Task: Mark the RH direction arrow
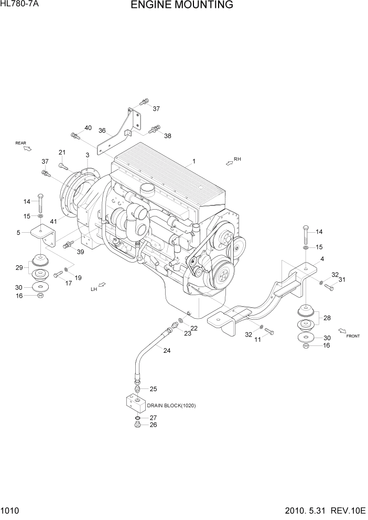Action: coord(229,163)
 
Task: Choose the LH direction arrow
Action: coord(102,285)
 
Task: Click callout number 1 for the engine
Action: coord(193,161)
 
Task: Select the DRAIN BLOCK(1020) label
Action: coord(171,405)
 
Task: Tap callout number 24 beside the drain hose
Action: coord(167,351)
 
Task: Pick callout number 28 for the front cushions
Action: coord(328,318)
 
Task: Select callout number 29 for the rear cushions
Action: coord(19,268)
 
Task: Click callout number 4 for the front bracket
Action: coord(322,258)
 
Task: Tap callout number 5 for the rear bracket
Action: coord(18,232)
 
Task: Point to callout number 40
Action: coord(88,128)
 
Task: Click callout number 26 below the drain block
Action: coord(153,425)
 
